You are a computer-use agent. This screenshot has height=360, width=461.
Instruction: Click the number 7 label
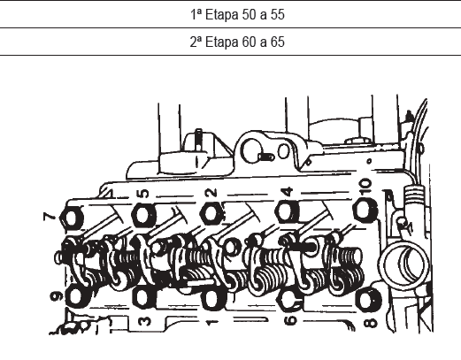coord(50,217)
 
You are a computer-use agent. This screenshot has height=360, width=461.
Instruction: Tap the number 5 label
coord(143,194)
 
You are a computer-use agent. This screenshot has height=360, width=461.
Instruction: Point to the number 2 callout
coord(211,193)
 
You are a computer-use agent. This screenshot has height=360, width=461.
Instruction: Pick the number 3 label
coord(145,321)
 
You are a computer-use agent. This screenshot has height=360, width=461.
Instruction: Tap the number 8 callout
coord(371,322)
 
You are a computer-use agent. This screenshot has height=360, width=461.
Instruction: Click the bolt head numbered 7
coord(72,218)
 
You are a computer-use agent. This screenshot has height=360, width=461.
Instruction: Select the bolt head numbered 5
coord(143,216)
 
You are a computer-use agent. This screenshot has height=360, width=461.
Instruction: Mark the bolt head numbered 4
coord(288,211)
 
